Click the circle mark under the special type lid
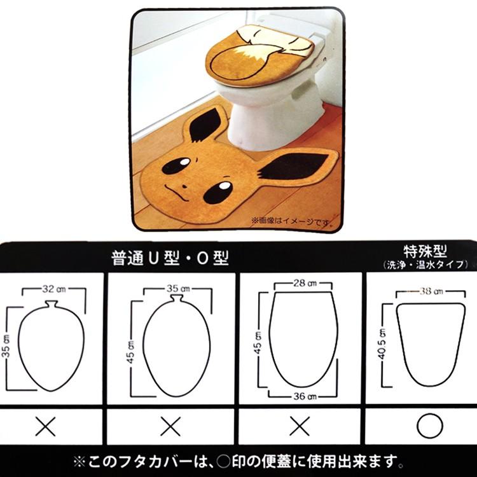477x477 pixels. pos(429,425)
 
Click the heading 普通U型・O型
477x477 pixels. pos(170,258)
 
